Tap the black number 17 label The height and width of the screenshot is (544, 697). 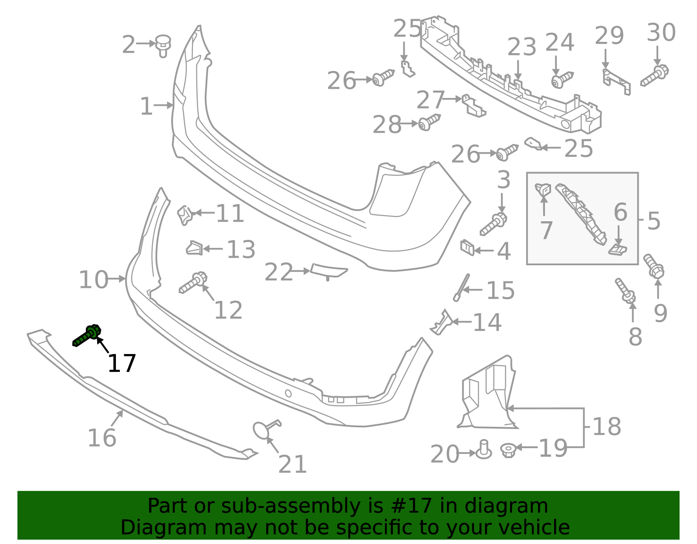click(122, 364)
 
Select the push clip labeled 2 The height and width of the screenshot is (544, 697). click(163, 45)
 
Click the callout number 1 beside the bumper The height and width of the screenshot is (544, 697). click(146, 107)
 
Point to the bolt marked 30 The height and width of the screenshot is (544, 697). click(655, 76)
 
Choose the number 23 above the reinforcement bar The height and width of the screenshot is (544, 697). click(521, 47)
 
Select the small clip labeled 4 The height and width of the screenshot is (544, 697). click(467, 247)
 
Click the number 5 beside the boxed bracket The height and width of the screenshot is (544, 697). click(653, 221)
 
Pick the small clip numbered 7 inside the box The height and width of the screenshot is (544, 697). click(543, 190)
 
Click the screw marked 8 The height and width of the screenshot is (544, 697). click(625, 291)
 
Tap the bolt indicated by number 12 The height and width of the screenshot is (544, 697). click(193, 283)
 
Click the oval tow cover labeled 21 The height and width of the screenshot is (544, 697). click(262, 429)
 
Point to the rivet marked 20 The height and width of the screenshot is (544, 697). click(484, 449)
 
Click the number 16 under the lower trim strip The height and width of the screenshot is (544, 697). click(102, 438)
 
